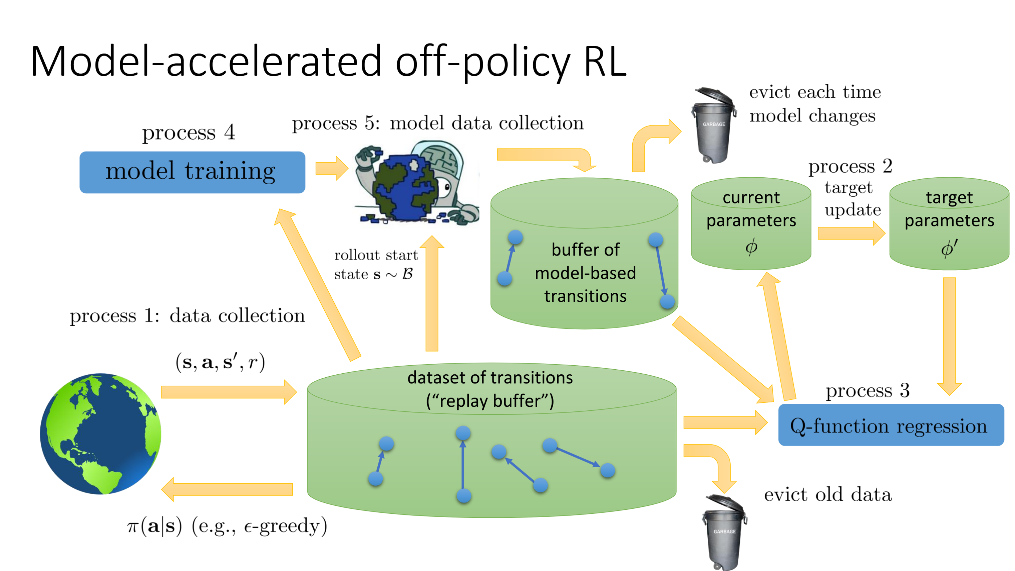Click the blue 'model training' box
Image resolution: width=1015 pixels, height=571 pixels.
[192, 172]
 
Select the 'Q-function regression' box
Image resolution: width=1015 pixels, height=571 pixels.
[891, 425]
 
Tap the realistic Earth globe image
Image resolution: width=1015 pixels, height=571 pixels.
[101, 434]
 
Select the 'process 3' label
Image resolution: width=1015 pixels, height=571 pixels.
[867, 390]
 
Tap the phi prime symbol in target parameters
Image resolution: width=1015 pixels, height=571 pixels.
[949, 248]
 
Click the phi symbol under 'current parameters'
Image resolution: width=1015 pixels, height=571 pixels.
[751, 247]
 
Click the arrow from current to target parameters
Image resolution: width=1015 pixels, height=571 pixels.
[851, 233]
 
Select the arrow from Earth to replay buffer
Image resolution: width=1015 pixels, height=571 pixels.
[229, 392]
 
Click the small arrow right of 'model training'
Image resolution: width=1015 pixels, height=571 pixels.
[331, 168]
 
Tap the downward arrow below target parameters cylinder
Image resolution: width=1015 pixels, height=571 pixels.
[949, 335]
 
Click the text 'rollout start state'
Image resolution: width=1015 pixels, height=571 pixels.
[375, 264]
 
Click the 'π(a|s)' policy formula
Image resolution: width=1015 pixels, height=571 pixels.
[155, 526]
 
